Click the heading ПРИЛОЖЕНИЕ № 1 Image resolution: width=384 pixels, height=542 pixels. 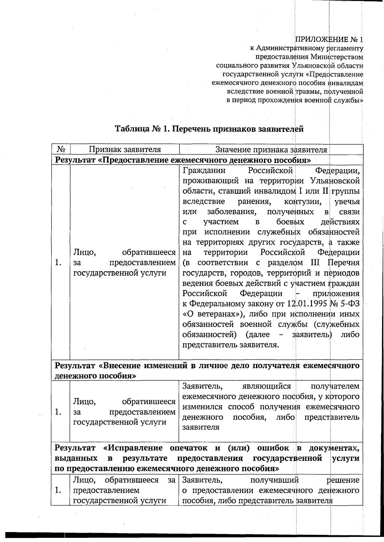click(x=329, y=40)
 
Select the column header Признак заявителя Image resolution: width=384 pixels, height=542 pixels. click(x=124, y=150)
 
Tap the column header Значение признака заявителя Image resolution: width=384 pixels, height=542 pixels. click(x=271, y=150)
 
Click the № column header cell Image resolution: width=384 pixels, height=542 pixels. click(x=61, y=150)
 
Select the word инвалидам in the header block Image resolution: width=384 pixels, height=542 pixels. click(x=346, y=83)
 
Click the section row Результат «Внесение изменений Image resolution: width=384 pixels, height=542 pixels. click(x=206, y=366)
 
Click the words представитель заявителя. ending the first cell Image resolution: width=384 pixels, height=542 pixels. click(x=230, y=345)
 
